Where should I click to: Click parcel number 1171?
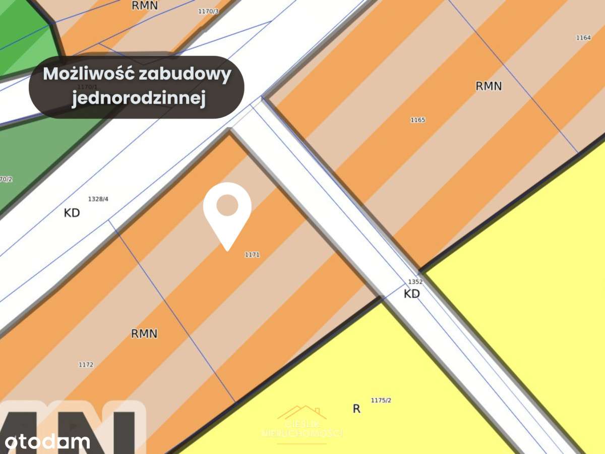point(252,255)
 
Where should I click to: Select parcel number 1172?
point(86,364)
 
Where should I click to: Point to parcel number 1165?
point(418,120)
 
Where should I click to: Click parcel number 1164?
point(583,38)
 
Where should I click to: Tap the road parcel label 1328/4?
point(98,199)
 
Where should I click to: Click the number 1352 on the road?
point(415,281)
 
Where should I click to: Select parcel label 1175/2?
point(381,400)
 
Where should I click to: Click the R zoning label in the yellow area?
point(356,409)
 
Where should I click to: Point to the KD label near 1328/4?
point(72,213)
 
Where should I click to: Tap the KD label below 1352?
point(412,294)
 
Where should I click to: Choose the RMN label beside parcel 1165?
point(489,86)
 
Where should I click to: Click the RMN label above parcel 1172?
point(144,333)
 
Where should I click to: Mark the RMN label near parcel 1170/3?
point(145,6)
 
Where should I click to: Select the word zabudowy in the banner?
point(185,74)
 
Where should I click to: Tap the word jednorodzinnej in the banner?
point(139,99)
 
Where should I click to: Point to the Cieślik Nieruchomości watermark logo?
point(302,424)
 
